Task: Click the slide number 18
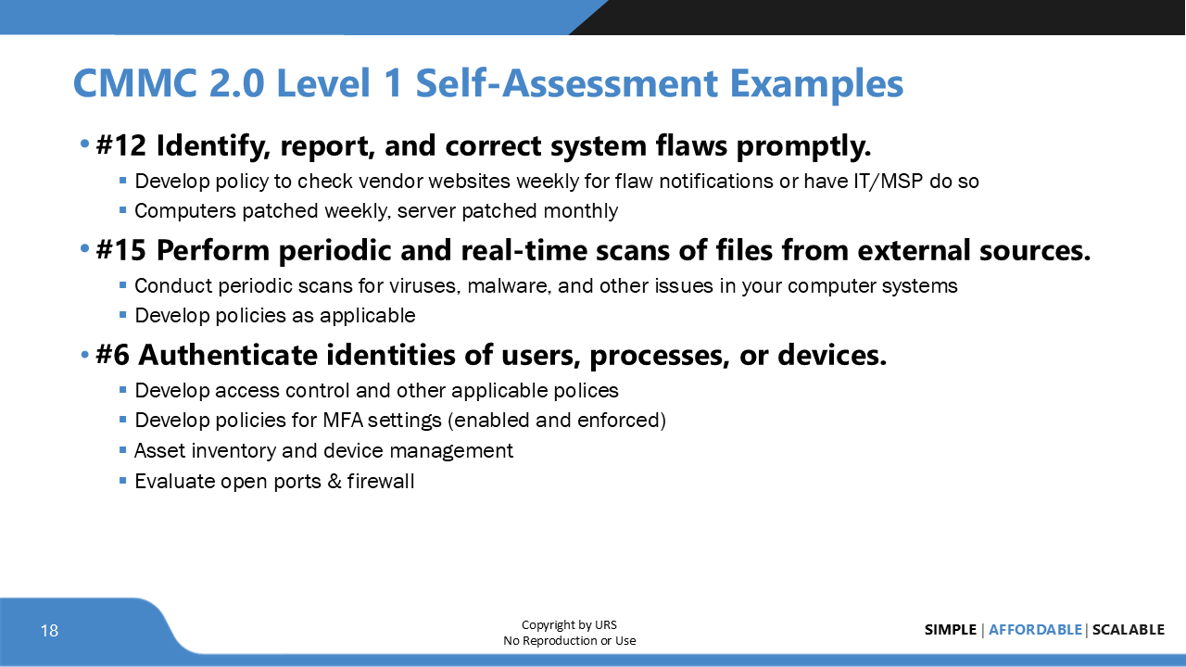pyautogui.click(x=49, y=631)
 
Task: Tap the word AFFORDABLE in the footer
pyautogui.click(x=1035, y=630)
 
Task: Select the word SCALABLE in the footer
pyautogui.click(x=1128, y=630)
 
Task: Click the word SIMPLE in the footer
pyautogui.click(x=950, y=630)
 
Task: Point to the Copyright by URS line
pyautogui.click(x=569, y=624)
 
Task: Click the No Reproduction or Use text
pyautogui.click(x=569, y=640)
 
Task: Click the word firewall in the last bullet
pyautogui.click(x=381, y=481)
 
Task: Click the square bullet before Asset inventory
pyautogui.click(x=123, y=450)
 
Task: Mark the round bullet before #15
pyautogui.click(x=85, y=250)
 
